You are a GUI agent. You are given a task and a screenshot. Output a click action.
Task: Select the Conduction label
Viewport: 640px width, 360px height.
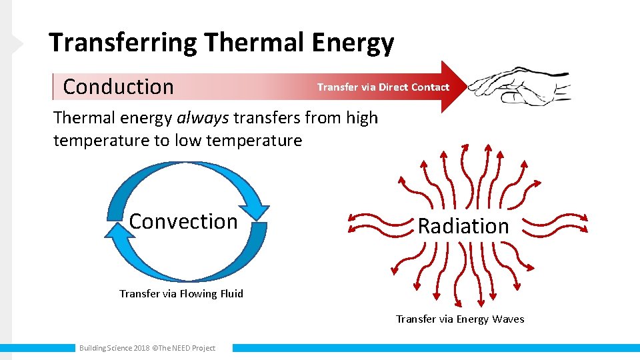pos(118,87)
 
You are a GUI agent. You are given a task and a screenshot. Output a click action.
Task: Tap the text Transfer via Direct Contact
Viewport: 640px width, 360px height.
pos(383,87)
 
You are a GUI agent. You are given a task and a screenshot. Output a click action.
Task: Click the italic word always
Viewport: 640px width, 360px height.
pos(203,118)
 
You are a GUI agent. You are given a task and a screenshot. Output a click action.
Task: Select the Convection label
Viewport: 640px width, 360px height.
pos(183,221)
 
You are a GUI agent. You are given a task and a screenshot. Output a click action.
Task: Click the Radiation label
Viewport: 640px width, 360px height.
pos(463,226)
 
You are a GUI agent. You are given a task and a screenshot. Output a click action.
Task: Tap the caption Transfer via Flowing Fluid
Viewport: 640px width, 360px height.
pos(181,293)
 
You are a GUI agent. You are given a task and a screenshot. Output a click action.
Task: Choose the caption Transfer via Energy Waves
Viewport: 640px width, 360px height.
pos(460,319)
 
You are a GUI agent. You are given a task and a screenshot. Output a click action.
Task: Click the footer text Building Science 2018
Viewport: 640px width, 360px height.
pos(114,348)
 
